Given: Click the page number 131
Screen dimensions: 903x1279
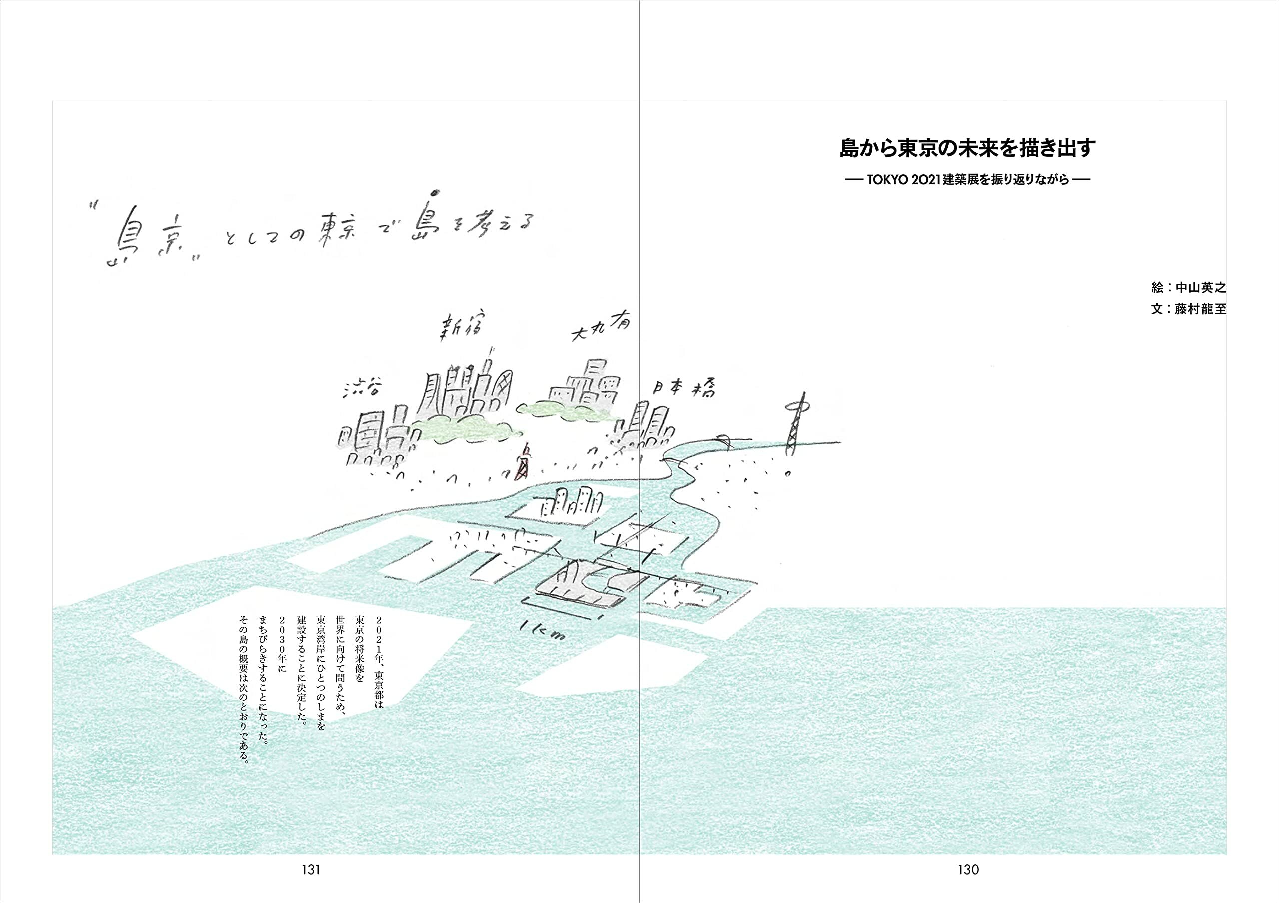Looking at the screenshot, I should (311, 869).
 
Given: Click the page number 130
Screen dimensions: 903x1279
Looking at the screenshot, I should (968, 869).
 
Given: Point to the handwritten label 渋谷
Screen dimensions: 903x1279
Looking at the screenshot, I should (363, 388).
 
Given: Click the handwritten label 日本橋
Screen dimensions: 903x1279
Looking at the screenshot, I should (684, 388).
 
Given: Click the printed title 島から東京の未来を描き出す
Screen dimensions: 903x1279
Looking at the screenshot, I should (968, 148).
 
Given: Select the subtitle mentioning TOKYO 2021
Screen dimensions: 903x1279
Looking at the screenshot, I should (968, 180).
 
